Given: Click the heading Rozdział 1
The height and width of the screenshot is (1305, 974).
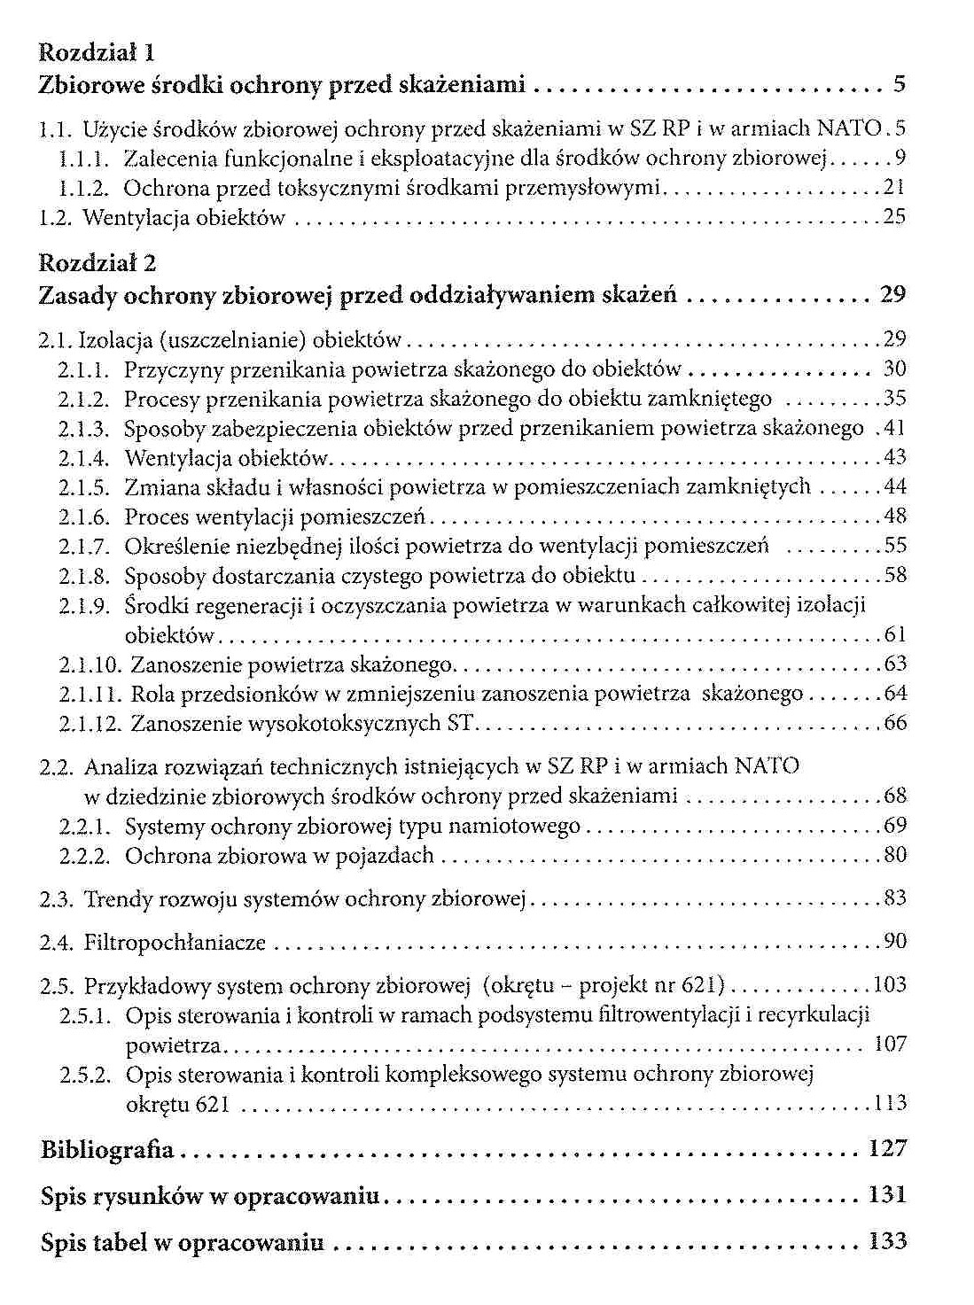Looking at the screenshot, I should click(97, 53).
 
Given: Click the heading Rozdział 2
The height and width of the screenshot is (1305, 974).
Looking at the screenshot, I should click(97, 263).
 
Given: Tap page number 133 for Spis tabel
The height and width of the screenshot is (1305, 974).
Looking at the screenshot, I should click(887, 1241).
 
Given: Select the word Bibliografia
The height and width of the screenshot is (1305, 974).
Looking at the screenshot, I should click(107, 1150).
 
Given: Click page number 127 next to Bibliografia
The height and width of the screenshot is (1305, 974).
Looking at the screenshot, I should click(887, 1149).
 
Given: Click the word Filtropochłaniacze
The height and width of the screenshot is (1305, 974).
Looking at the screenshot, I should click(175, 943).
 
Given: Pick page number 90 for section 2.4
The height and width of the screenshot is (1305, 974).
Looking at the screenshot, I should click(895, 941).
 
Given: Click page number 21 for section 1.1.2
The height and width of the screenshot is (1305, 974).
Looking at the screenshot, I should click(895, 187).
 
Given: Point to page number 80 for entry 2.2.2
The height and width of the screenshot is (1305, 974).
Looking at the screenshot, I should click(895, 855).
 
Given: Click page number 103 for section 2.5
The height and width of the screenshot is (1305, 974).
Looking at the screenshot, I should click(890, 984).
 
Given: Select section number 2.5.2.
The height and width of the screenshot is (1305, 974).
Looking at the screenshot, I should click(85, 1076).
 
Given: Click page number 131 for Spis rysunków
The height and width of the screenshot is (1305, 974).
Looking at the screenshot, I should click(887, 1194).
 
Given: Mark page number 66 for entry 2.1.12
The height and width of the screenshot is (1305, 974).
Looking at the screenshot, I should click(895, 723).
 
